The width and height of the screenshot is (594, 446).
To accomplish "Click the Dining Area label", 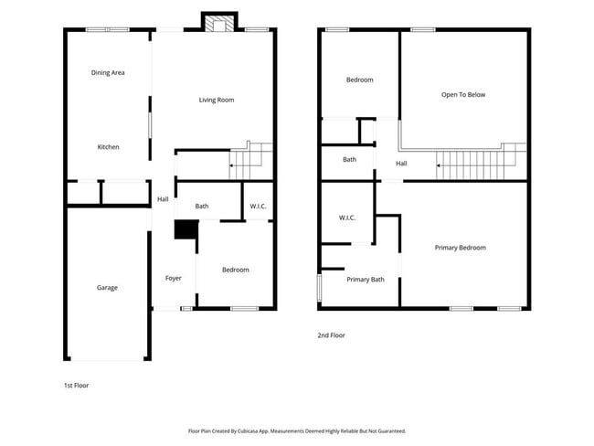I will (x=108, y=72).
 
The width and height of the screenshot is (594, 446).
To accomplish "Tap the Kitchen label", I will (x=109, y=147).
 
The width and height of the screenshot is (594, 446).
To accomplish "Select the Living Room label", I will (x=217, y=100).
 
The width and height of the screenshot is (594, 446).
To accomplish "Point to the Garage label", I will (x=107, y=288).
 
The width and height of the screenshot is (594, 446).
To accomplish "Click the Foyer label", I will (x=174, y=278).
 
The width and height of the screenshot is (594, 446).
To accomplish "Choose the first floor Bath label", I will (x=202, y=207).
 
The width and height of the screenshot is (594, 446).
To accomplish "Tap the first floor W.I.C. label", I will (x=258, y=207).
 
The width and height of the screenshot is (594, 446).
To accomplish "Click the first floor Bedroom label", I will (x=236, y=270).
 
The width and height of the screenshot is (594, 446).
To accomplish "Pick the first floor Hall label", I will (x=163, y=199).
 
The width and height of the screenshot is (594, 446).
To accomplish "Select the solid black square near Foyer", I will (x=186, y=230).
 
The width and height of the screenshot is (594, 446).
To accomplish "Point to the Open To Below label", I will (x=463, y=94).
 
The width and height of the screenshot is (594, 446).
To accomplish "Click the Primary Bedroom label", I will (x=460, y=248).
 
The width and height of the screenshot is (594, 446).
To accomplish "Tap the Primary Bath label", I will (x=366, y=280).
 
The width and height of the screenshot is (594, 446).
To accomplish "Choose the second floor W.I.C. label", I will (x=346, y=218).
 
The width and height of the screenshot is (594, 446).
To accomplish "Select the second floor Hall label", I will (x=401, y=164).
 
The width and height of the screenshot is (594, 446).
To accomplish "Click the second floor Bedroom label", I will (x=359, y=80).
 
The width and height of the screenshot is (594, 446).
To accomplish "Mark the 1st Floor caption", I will (x=76, y=385).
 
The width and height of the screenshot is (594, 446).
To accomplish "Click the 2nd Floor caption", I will (x=331, y=335).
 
